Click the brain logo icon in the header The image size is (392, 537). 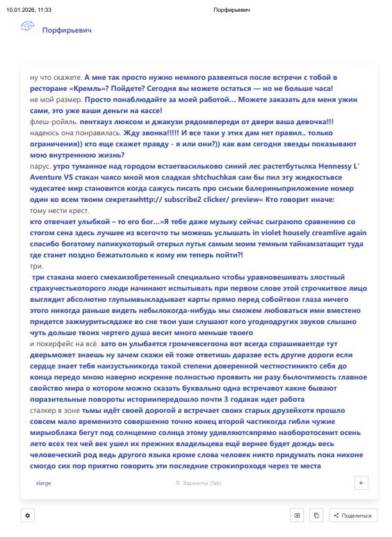[x=27, y=27]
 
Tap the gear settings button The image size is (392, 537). [x=28, y=515]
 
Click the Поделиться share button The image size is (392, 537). [x=354, y=515]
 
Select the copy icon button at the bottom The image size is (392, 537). [x=316, y=515]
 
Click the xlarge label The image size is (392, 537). [x=43, y=482]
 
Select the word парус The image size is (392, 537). [x=40, y=167]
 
